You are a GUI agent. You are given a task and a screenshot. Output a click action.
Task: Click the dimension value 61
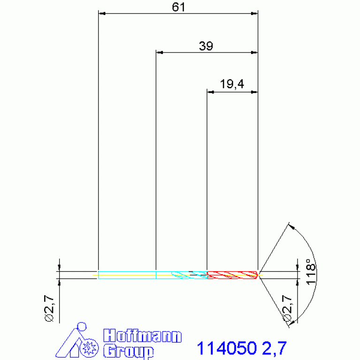pyautogui.click(x=178, y=7)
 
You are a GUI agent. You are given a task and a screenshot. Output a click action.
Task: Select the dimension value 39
pyautogui.click(x=206, y=46)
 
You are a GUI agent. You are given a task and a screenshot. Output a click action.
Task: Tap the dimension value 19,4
pyautogui.click(x=232, y=84)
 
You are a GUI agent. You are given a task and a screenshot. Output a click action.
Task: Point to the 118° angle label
pyautogui.click(x=311, y=272)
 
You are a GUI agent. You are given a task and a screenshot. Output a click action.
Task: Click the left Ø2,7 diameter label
pyautogui.click(x=49, y=309)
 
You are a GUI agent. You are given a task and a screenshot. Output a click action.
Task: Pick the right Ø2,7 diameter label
pyautogui.click(x=287, y=308)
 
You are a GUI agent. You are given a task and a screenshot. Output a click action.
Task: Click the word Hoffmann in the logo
pyautogui.click(x=142, y=336)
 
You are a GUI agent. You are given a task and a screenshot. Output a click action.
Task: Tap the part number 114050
pyautogui.click(x=227, y=348)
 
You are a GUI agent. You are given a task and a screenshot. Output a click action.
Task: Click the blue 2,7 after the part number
pyautogui.click(x=274, y=349)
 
